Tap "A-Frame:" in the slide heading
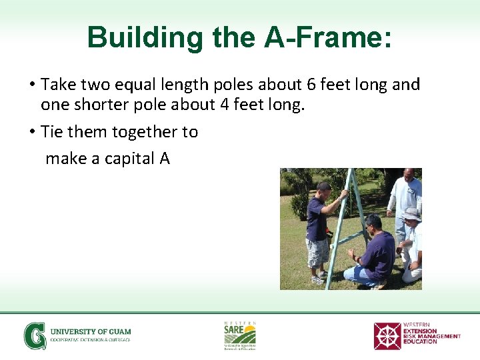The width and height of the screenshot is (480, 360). [328, 38]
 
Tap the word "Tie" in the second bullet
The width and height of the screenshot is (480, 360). [52, 132]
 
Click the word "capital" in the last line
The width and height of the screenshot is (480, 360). [127, 159]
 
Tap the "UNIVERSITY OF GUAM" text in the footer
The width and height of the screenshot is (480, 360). [91, 331]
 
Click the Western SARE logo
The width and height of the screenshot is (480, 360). [239, 335]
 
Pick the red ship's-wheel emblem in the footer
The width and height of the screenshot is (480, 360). [387, 336]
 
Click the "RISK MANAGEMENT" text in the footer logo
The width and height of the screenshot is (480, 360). [431, 336]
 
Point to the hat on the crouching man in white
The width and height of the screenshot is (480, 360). [411, 214]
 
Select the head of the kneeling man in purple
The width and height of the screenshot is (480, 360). [373, 223]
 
